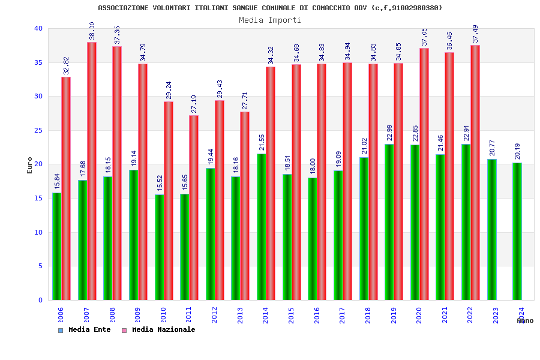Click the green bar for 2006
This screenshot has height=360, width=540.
(x=56, y=246)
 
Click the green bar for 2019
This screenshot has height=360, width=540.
(x=389, y=222)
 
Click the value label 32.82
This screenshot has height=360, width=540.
(x=67, y=65)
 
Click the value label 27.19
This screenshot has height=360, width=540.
(x=194, y=104)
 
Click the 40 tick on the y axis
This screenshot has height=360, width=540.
(x=38, y=28)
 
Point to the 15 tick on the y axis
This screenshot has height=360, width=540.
(x=38, y=198)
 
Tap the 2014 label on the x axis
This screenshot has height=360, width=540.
(x=266, y=315)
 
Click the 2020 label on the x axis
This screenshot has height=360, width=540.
(x=419, y=315)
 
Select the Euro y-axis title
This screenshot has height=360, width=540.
(x=30, y=165)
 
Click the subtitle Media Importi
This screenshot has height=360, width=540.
(x=270, y=20)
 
